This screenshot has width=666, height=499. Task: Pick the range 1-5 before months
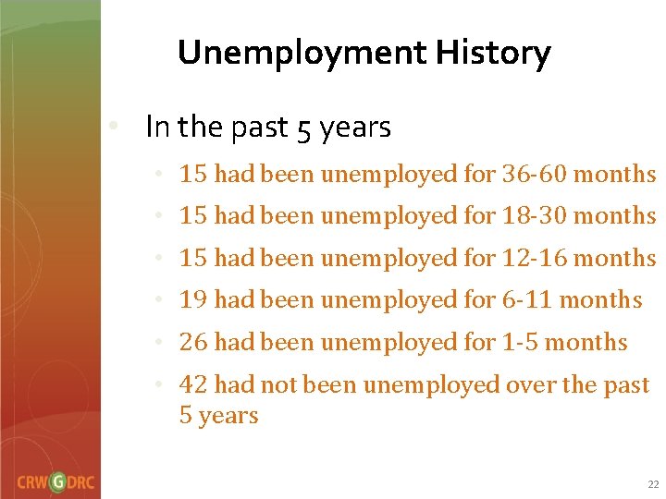(x=518, y=342)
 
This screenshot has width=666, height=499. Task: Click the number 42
(x=193, y=384)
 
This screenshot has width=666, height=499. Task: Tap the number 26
(x=193, y=342)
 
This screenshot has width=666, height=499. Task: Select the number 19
(x=193, y=300)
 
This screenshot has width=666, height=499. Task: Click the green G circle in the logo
(x=58, y=482)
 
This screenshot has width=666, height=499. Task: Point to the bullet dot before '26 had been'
(x=160, y=342)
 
